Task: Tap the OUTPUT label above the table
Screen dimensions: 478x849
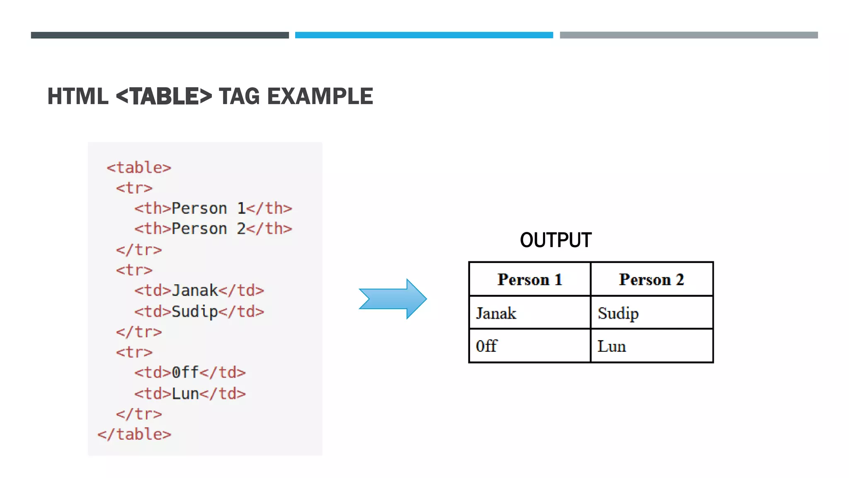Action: pyautogui.click(x=555, y=240)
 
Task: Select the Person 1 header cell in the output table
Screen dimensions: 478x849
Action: pyautogui.click(x=529, y=279)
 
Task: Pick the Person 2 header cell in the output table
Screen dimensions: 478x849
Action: pyautogui.click(x=651, y=279)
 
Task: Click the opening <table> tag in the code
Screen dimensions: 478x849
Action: pyautogui.click(x=139, y=168)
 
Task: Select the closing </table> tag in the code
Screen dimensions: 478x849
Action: pyautogui.click(x=134, y=434)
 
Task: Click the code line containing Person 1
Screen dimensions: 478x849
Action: pyautogui.click(x=213, y=208)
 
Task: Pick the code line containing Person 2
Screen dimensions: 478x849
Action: pyautogui.click(x=213, y=229)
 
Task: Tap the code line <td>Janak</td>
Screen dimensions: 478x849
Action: pyautogui.click(x=199, y=290)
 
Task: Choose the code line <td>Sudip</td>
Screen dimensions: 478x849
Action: pyautogui.click(x=199, y=311)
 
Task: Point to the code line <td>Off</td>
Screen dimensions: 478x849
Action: pyautogui.click(x=190, y=372)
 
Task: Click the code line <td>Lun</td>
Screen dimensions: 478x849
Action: pyautogui.click(x=190, y=393)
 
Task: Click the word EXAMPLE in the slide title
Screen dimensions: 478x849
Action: pyautogui.click(x=320, y=96)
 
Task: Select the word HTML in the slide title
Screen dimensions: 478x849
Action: pyautogui.click(x=78, y=96)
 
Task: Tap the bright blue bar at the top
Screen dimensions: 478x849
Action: pyautogui.click(x=424, y=35)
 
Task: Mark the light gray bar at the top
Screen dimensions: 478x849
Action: pyautogui.click(x=689, y=35)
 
